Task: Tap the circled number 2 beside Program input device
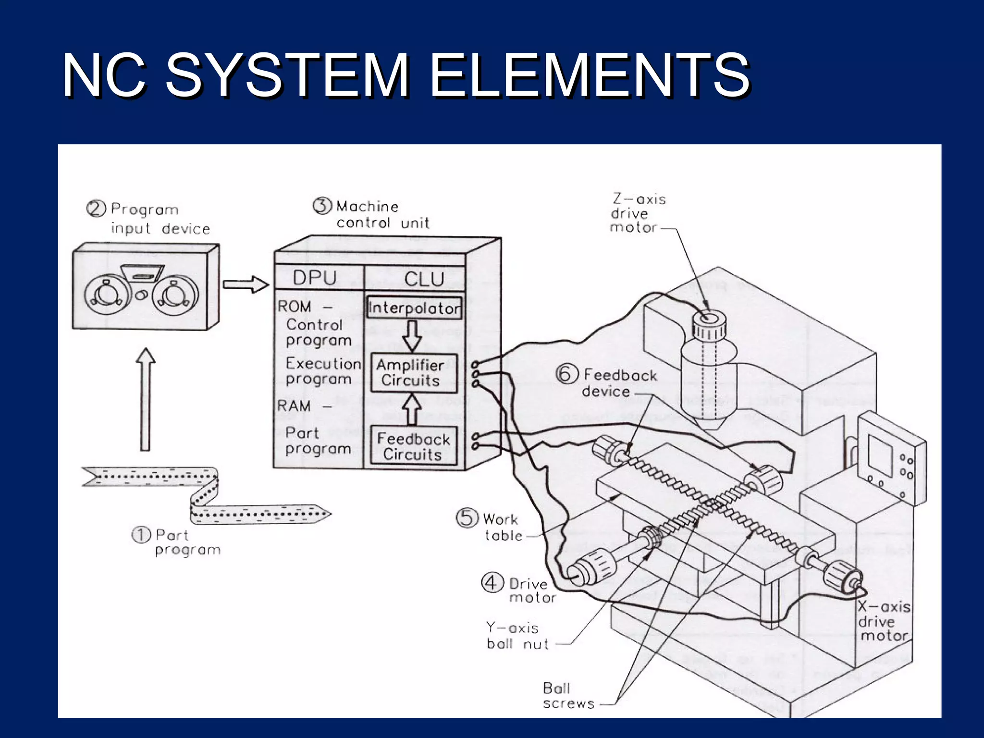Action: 96,209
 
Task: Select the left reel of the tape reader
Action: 107,294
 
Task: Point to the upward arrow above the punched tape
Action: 146,399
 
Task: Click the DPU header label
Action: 315,278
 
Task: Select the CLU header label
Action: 424,279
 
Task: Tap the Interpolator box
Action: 414,308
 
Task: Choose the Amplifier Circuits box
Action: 414,373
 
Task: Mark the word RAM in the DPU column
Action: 294,406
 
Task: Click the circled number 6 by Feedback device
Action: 566,374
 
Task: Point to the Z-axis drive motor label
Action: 637,213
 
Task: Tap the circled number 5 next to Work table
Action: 467,518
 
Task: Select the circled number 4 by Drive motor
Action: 492,583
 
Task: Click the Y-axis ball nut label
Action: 517,636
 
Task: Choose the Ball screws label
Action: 568,696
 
